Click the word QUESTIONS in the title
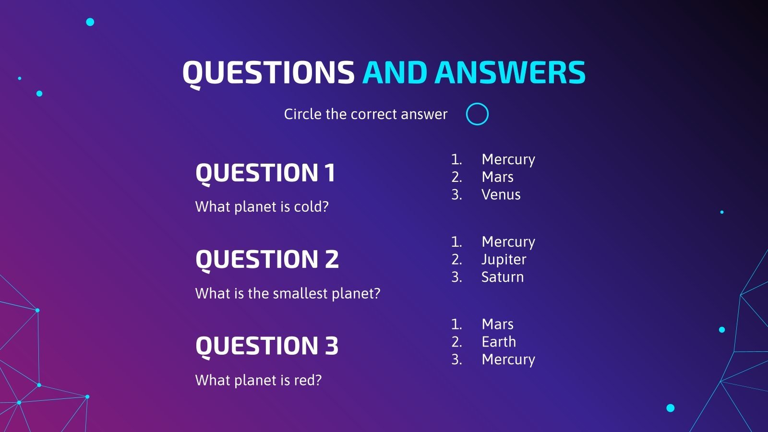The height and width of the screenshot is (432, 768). [268, 73]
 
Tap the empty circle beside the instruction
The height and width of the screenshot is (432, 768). [477, 114]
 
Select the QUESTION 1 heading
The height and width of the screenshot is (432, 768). [265, 173]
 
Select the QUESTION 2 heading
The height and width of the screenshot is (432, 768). [267, 260]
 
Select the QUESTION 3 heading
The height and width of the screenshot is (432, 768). [267, 346]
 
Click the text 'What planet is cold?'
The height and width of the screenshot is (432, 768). [262, 207]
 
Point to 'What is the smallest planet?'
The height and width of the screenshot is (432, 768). [288, 293]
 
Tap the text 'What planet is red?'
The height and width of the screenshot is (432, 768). [258, 380]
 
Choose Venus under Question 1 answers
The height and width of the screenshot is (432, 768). [501, 195]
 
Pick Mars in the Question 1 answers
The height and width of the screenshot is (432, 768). [497, 177]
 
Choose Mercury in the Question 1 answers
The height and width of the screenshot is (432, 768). [508, 159]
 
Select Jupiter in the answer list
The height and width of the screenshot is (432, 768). [504, 260]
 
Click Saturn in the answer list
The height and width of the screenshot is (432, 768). [503, 277]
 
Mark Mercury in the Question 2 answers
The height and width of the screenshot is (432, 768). [508, 242]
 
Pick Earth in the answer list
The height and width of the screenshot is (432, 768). [499, 342]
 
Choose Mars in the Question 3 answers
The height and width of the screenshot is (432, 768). [497, 324]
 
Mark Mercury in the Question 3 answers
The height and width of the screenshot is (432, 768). [508, 360]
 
